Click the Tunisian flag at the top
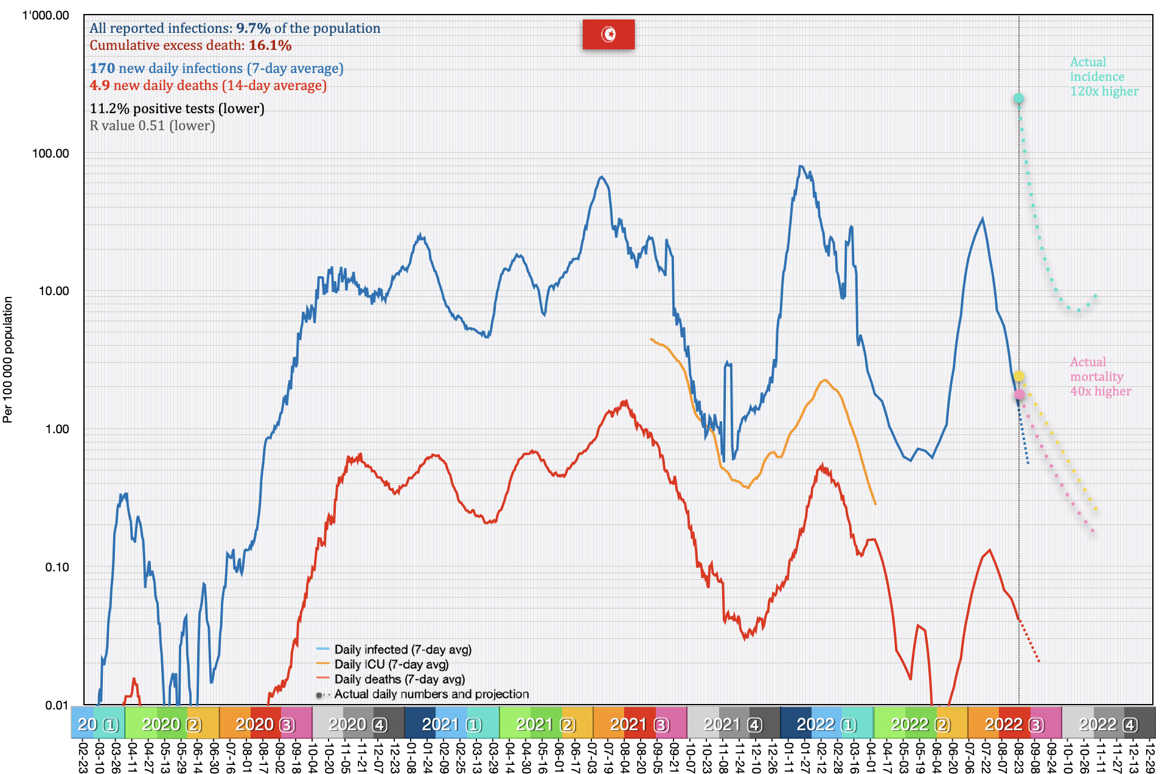[x=608, y=34]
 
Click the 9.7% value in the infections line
[x=253, y=29]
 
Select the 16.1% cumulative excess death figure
[x=270, y=46]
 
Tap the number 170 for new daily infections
[x=102, y=69]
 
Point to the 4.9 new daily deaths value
[x=100, y=86]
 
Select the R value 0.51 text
[x=152, y=126]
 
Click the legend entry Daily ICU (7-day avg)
[x=391, y=664]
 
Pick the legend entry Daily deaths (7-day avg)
[x=399, y=679]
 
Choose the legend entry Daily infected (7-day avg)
[x=402, y=650]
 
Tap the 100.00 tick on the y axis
[x=50, y=153]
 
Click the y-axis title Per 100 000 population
[x=8, y=360]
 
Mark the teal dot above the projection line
[x=1018, y=99]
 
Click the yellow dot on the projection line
[x=1019, y=377]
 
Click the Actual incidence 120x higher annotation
[x=1104, y=77]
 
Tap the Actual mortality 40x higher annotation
[x=1100, y=377]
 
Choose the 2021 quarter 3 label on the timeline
[x=639, y=725]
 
